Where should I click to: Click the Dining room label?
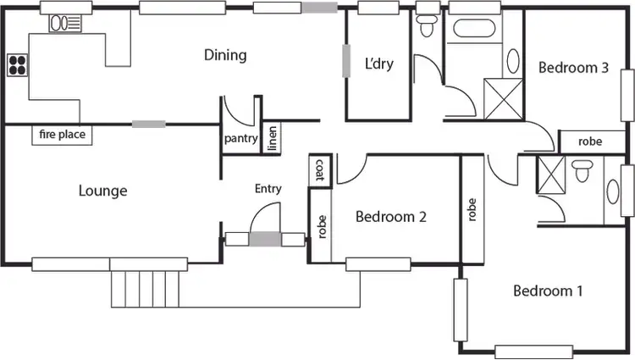pos(225,56)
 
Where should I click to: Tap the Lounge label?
pos(103,191)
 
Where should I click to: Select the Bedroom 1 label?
pos(548,291)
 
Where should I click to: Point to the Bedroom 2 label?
pos(390,216)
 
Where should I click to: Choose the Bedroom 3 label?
pos(573,68)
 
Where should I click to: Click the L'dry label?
pos(379,64)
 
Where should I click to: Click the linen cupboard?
pos(272,139)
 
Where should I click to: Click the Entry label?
pos(268,189)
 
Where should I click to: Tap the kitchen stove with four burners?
pos(17,64)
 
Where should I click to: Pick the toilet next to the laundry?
pos(426,25)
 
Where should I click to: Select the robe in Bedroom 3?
pos(590,141)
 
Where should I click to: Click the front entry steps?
pos(146,288)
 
